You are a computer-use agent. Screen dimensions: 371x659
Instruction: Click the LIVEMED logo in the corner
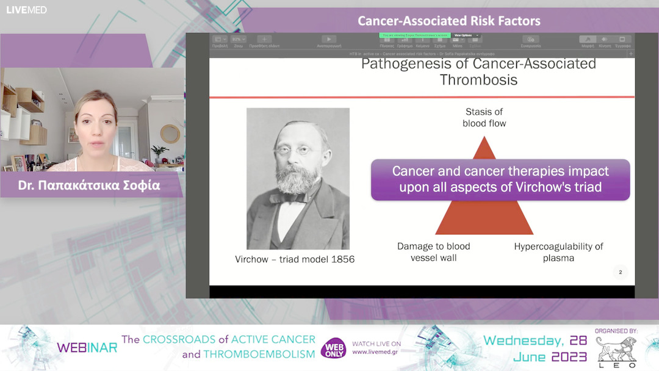(26, 10)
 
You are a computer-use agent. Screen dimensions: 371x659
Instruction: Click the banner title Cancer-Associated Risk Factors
(448, 21)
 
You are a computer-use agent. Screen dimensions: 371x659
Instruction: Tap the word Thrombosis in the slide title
(478, 80)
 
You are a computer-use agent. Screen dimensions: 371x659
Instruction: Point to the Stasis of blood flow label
(484, 117)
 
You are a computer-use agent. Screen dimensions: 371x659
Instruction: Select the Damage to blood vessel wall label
(433, 251)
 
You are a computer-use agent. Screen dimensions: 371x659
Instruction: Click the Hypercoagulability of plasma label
(558, 251)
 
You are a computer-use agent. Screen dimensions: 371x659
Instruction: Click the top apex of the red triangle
(484, 139)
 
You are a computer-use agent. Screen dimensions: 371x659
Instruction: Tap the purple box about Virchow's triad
(500, 179)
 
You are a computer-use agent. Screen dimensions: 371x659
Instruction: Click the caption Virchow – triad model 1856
(295, 259)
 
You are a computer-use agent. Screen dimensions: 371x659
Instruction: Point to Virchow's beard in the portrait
(295, 180)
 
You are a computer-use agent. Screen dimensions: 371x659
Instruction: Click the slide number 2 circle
(620, 272)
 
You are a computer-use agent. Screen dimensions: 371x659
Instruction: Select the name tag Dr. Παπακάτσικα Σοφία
(89, 185)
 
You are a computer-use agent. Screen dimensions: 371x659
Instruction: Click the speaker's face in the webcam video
(96, 126)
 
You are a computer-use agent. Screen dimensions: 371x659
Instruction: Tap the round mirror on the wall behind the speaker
(170, 134)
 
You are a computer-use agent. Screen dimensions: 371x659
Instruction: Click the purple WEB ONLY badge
(333, 348)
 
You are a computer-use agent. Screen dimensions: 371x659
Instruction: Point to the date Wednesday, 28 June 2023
(535, 348)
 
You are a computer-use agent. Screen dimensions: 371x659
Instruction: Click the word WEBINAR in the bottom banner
(87, 348)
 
